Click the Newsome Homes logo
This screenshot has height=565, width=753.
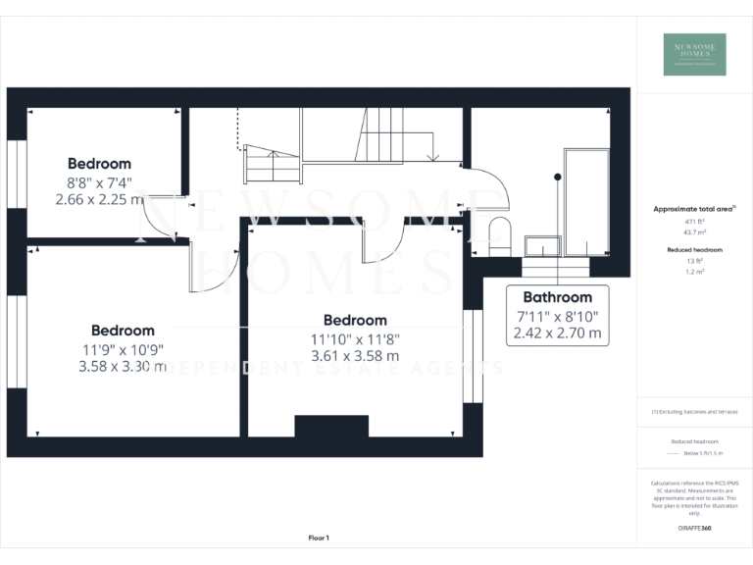694,55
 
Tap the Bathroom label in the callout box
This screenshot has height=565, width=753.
557,297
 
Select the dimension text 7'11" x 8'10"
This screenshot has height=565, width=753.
557,316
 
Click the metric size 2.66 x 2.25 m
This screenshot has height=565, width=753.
98,198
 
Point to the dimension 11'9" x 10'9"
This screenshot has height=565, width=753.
123,349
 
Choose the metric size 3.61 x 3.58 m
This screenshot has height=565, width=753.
355,356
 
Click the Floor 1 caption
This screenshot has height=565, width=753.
319,538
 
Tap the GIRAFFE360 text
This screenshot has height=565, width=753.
694,530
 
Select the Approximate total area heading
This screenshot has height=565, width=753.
693,209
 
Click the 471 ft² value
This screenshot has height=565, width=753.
694,224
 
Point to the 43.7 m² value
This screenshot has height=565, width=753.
694,234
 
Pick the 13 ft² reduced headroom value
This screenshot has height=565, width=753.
694,261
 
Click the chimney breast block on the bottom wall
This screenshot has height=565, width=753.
331,426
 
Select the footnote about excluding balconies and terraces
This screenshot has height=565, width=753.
694,412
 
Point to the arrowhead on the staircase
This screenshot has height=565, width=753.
432,157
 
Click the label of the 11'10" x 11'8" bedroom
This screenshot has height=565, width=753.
355,320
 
